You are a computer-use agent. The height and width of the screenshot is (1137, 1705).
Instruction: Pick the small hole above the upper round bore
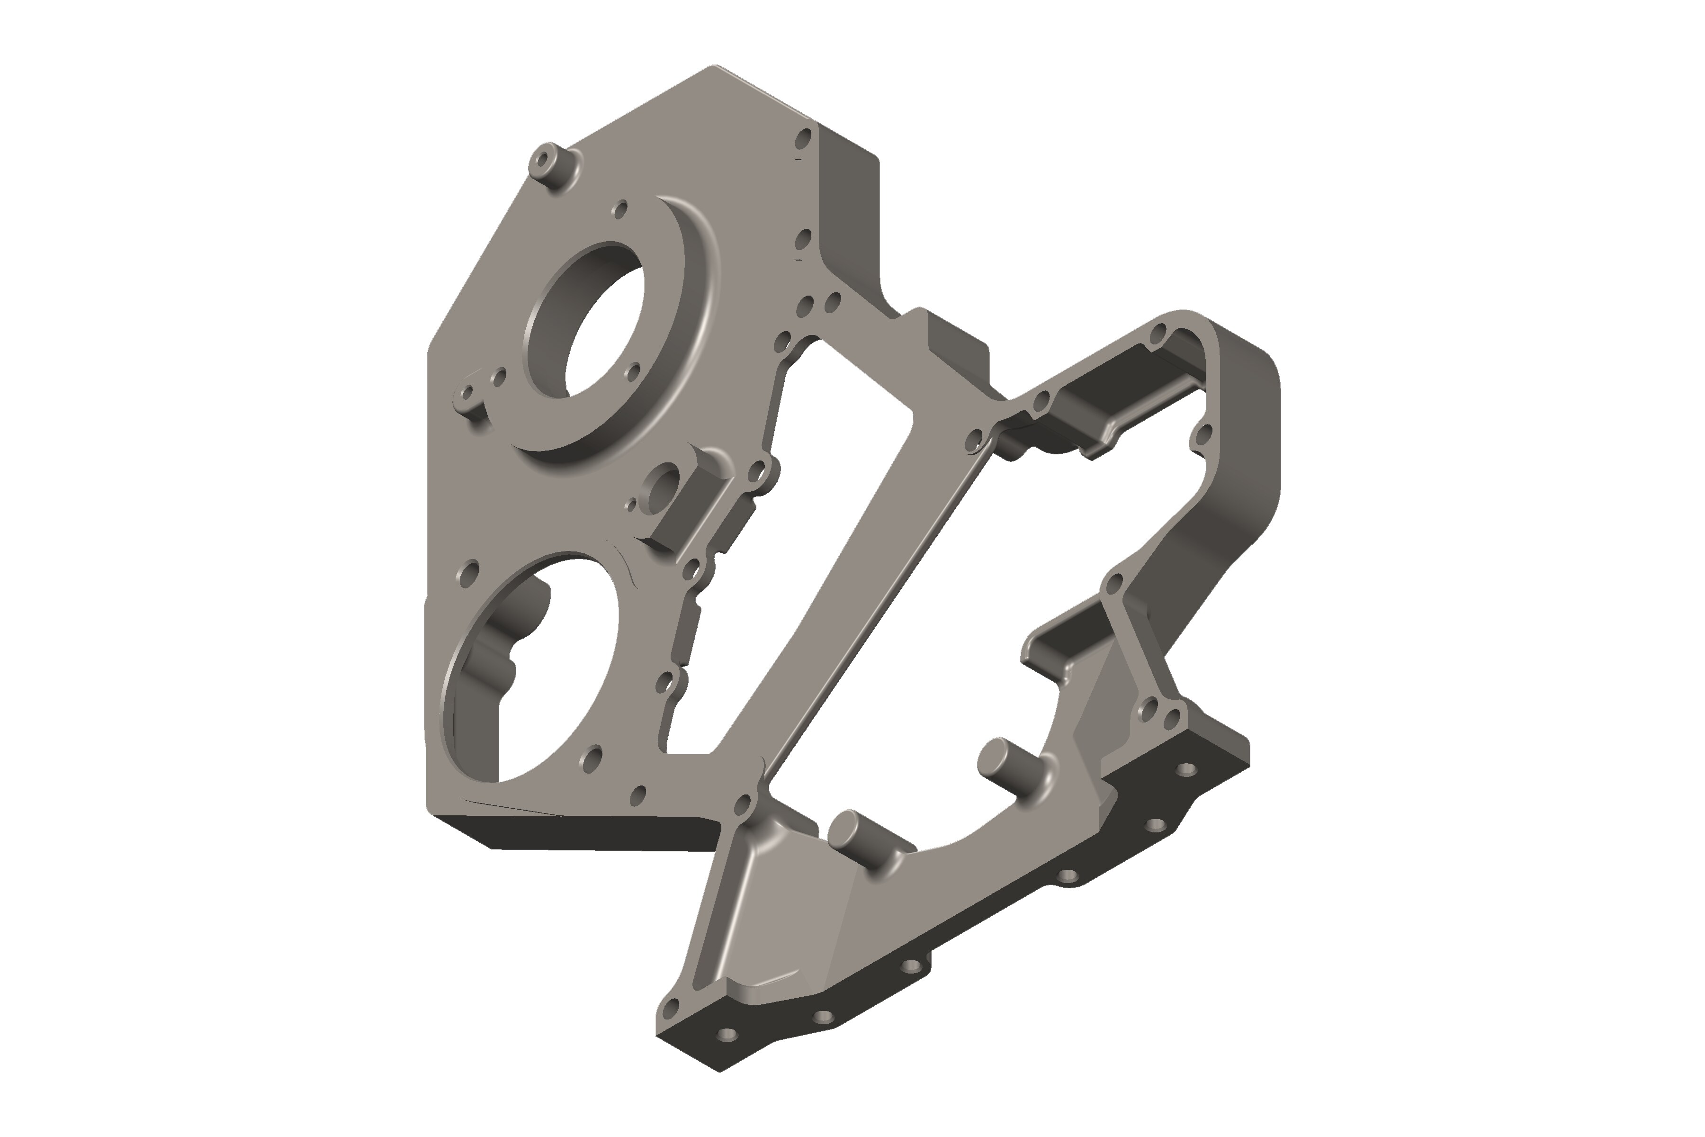point(620,210)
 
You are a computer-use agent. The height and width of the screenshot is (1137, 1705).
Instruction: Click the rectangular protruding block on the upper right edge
point(957,348)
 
